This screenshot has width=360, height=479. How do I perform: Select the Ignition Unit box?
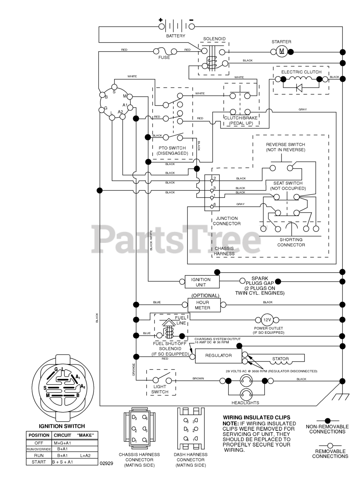pos(201,282)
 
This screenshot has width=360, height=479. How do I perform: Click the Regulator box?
pos(218,356)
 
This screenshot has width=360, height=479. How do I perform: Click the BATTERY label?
pos(176,36)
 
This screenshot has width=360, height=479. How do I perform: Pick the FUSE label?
pos(164,58)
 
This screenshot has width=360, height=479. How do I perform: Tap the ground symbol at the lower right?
pos(341,394)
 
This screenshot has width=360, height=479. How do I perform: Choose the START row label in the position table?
pos(39,462)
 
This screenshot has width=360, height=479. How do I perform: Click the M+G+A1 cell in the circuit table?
pos(62,443)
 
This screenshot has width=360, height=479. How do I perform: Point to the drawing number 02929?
pos(106,463)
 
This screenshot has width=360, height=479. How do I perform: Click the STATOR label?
pos(280,359)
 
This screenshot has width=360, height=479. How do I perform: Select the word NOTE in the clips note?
pos(231,423)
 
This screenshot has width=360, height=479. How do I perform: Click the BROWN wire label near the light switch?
pos(198,378)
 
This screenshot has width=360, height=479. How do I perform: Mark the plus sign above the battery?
pos(161,20)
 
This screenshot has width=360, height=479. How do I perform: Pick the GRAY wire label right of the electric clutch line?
pos(303,109)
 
